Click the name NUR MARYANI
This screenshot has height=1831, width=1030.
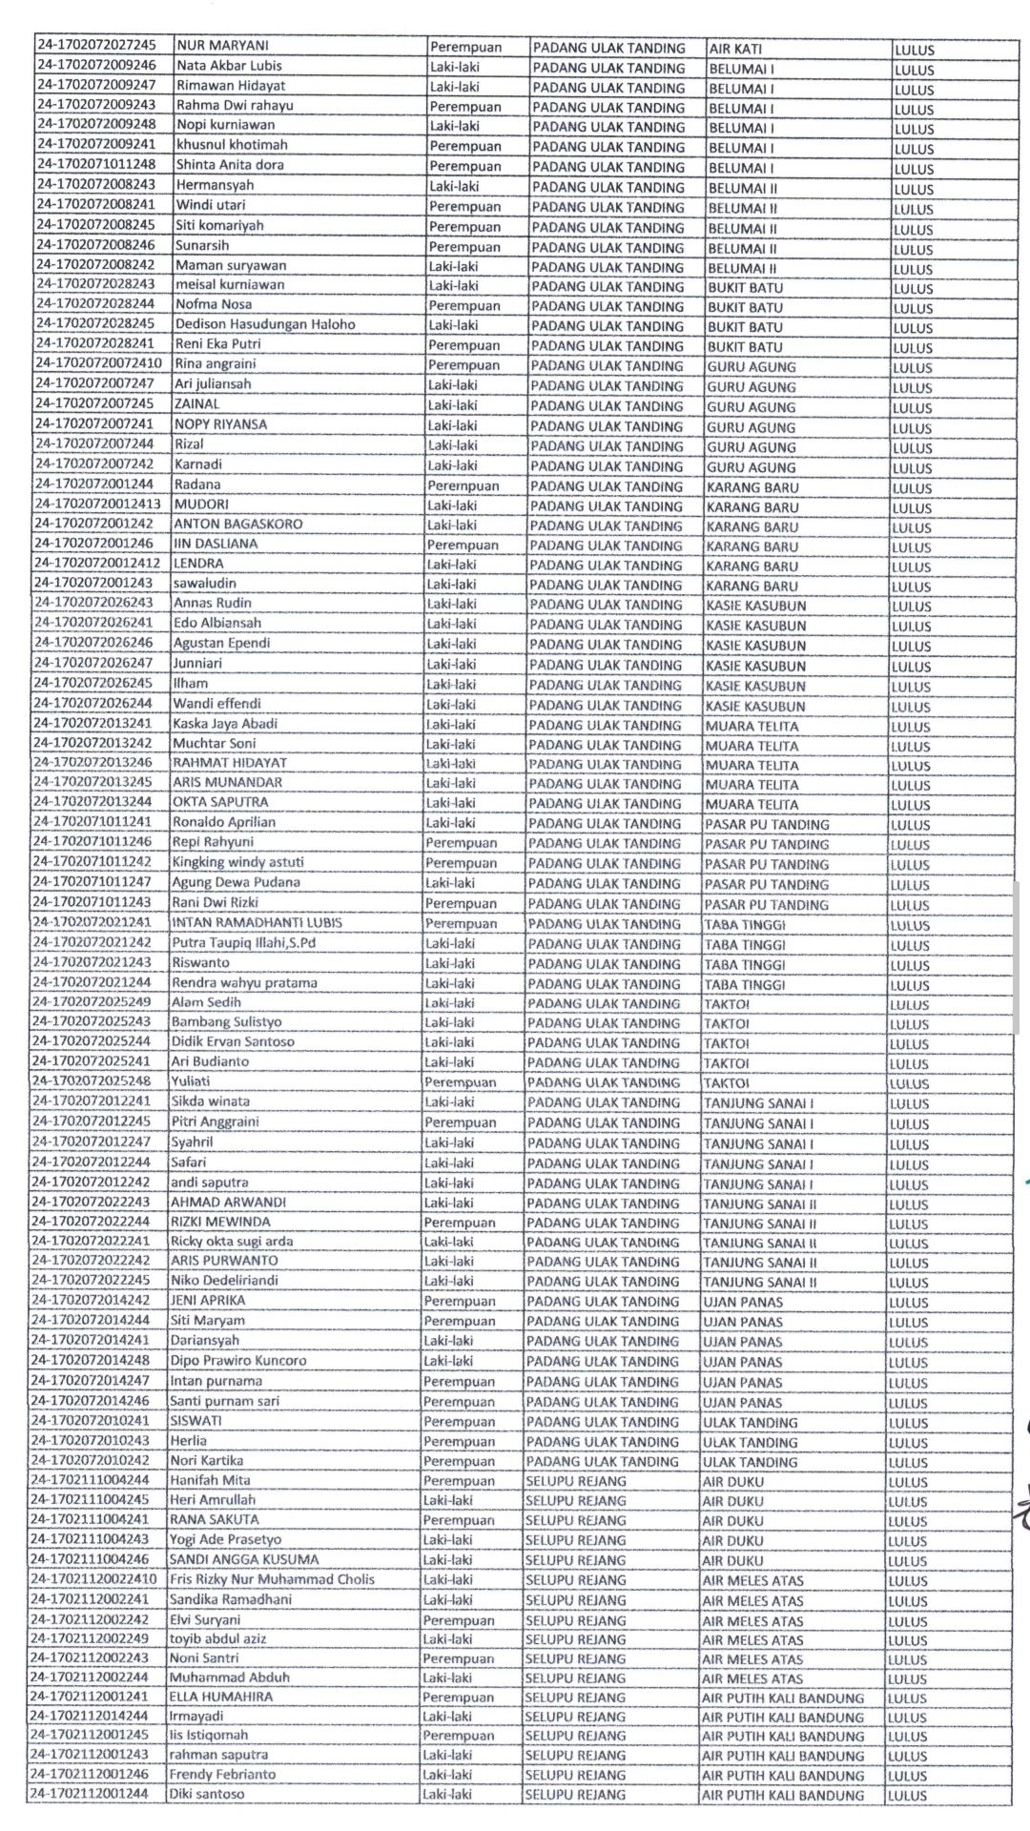[x=222, y=46]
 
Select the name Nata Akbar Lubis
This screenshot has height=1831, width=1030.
[x=229, y=66]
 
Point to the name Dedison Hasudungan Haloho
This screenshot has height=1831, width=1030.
[x=265, y=324]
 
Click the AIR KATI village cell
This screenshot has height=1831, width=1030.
[x=735, y=48]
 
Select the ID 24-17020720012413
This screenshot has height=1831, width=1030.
[x=97, y=504]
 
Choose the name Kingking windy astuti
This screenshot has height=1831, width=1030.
[x=237, y=862]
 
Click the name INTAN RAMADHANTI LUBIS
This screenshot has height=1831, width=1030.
[x=257, y=922]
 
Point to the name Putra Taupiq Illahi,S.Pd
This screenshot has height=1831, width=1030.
[x=243, y=942]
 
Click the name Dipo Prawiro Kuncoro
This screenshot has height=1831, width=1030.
[x=238, y=1361]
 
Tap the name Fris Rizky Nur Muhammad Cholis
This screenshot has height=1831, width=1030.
[x=272, y=1579]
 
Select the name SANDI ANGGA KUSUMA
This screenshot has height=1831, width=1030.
[x=244, y=1559]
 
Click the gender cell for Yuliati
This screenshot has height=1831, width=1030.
[x=460, y=1082]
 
